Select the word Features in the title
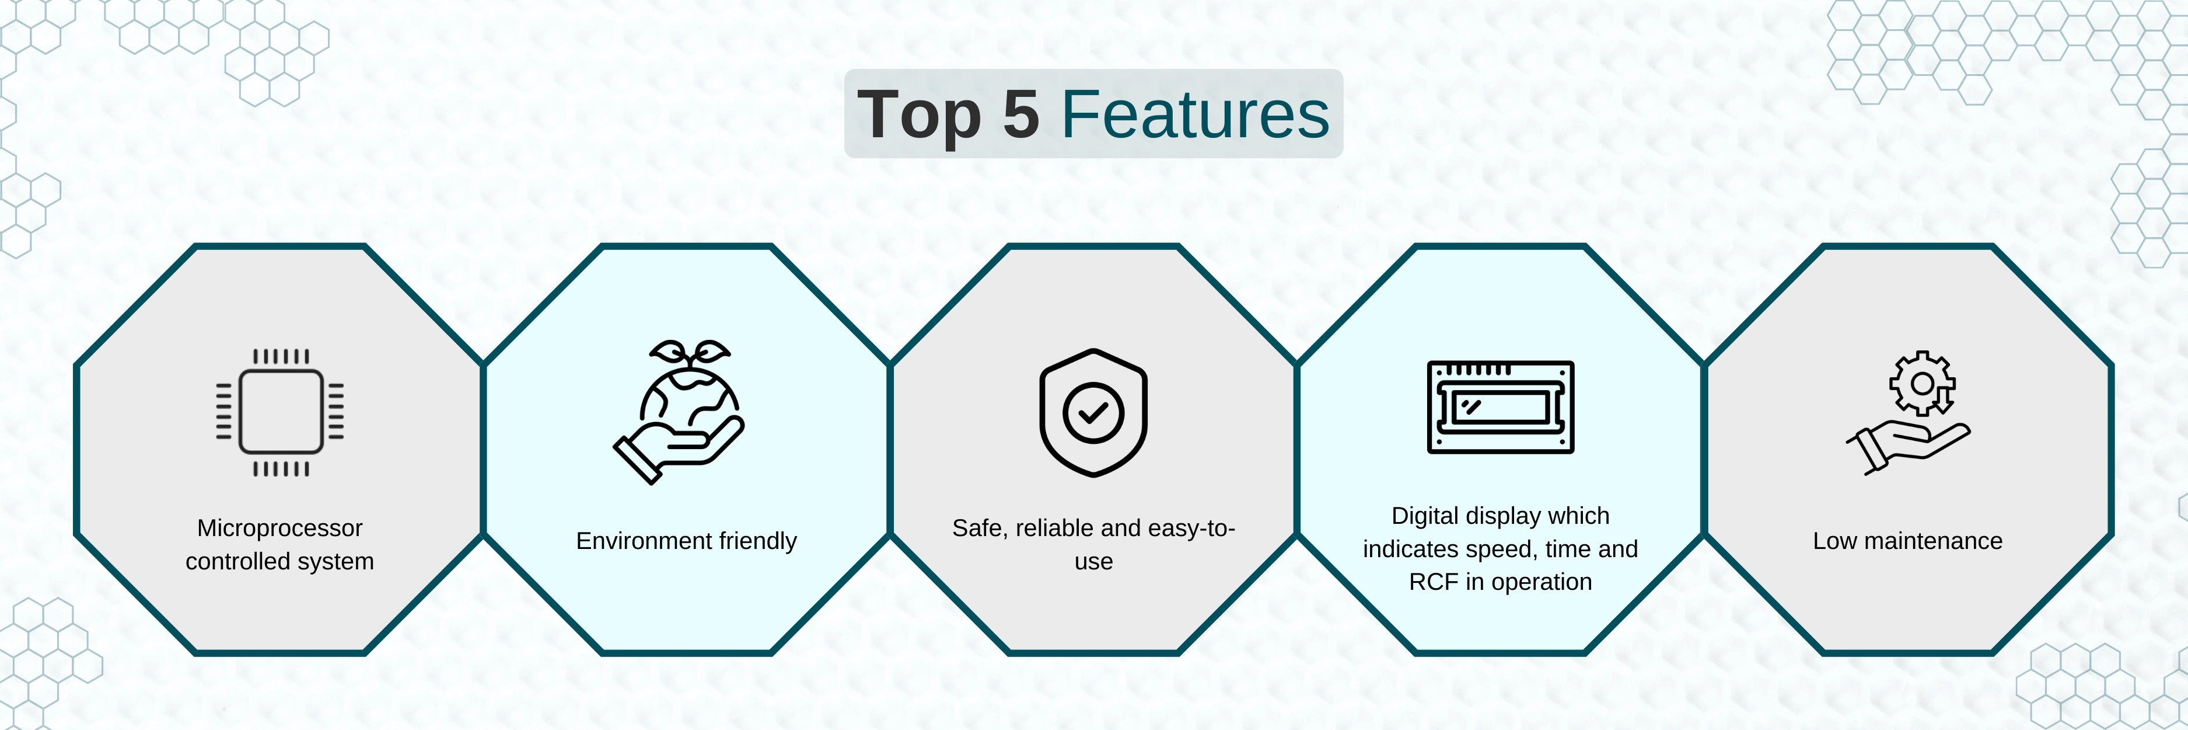[1195, 114]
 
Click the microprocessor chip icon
[280, 412]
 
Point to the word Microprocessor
[279, 528]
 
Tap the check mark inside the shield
[1093, 413]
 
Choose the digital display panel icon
[1501, 407]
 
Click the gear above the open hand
[1922, 383]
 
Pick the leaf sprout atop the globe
[689, 353]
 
